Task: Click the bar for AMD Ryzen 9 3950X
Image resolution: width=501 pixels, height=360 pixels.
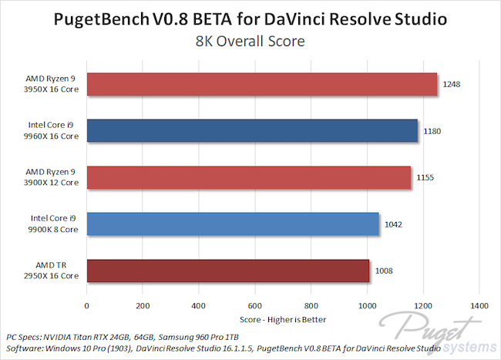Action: pyautogui.click(x=262, y=85)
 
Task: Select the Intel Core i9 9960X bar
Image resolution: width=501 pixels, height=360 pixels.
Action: pyautogui.click(x=252, y=131)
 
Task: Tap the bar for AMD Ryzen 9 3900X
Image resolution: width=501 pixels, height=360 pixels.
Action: pyautogui.click(x=249, y=178)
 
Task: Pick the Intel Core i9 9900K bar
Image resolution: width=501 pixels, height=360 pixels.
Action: pyautogui.click(x=233, y=224)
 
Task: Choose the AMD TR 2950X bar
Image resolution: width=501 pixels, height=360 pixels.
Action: pyautogui.click(x=228, y=271)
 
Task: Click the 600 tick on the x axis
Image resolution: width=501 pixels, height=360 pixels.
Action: pyautogui.click(x=255, y=306)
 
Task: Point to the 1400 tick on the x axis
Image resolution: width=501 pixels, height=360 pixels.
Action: pyautogui.click(x=479, y=306)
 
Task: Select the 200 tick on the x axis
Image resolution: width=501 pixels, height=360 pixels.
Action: pyautogui.click(x=143, y=306)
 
